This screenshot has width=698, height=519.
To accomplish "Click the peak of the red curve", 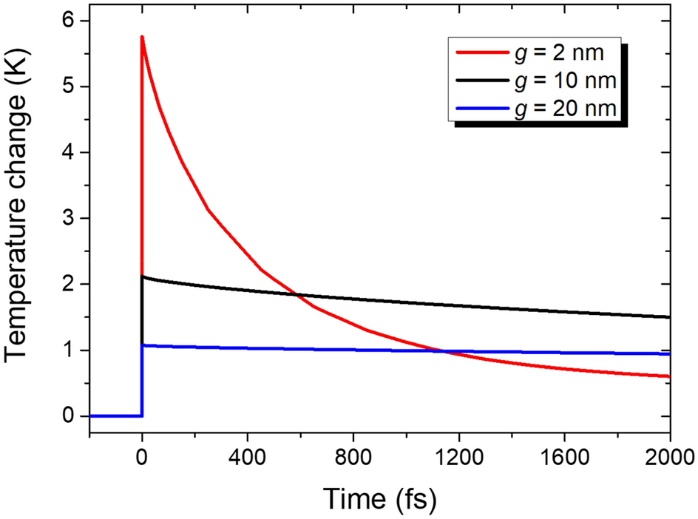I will point(142,37).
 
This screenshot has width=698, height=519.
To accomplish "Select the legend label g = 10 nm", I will point(571,80).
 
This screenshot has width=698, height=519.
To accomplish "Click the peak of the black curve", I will point(143,277).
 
